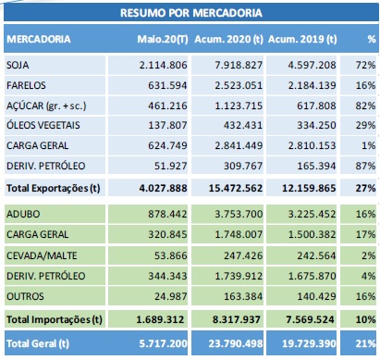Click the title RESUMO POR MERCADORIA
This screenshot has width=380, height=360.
[191, 13]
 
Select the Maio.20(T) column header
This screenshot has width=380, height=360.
[163, 39]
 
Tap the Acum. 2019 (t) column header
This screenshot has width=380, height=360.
[302, 39]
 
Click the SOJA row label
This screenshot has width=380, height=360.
[18, 65]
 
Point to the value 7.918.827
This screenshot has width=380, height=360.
[239, 65]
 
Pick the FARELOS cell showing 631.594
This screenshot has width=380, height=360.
[167, 85]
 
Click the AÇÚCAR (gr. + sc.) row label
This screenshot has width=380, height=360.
[46, 106]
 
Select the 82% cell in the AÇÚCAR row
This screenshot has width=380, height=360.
[365, 106]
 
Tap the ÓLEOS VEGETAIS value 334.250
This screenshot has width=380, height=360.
[316, 125]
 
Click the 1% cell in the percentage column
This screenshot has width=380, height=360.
[369, 145]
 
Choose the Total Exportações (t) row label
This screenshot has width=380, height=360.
[54, 188]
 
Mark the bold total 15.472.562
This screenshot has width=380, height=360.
[236, 188]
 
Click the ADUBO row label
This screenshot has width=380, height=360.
[23, 214]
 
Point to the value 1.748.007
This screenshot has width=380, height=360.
[239, 234]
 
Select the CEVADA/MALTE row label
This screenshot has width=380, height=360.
[42, 255]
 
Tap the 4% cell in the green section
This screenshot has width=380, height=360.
[369, 276]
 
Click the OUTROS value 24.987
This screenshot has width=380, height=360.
[170, 296]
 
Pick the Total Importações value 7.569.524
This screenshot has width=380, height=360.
[310, 319]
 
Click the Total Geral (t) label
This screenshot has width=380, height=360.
[38, 343]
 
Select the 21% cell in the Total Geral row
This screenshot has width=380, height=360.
[365, 343]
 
